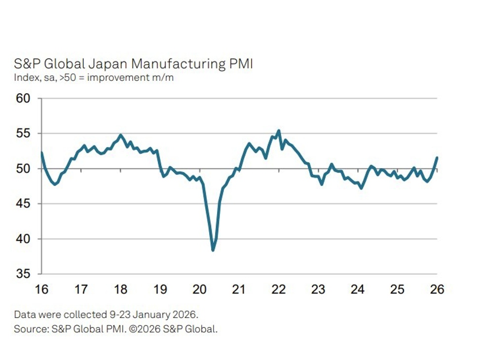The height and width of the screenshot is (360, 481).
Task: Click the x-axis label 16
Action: coord(41,289)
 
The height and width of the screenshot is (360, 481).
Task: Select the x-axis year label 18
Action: coord(121,289)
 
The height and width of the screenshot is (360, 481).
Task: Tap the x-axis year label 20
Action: coord(200,289)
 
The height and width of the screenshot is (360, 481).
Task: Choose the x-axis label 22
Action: coord(279,289)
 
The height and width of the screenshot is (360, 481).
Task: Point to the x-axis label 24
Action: coord(358,289)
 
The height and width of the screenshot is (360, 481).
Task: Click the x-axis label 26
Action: coord(437,289)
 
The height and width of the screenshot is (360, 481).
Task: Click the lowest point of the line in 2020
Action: coord(213,250)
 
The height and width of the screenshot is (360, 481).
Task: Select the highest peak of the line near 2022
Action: coord(279,131)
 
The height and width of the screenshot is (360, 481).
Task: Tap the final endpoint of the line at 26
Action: coord(437,158)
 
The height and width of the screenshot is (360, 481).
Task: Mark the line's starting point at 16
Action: coord(41,152)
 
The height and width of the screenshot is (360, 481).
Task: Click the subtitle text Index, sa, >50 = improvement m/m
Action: coord(94,78)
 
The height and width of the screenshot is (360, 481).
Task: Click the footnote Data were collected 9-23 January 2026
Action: coord(106,314)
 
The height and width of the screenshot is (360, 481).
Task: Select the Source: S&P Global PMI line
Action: coord(115,329)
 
